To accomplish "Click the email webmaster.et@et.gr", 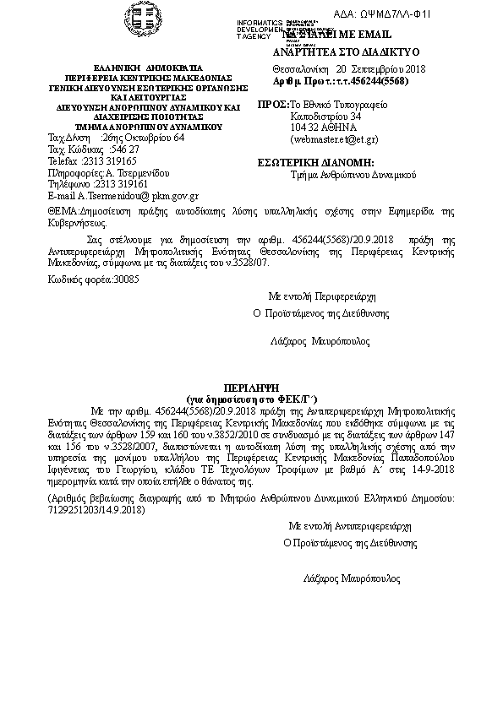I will pyautogui.click(x=334, y=138).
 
